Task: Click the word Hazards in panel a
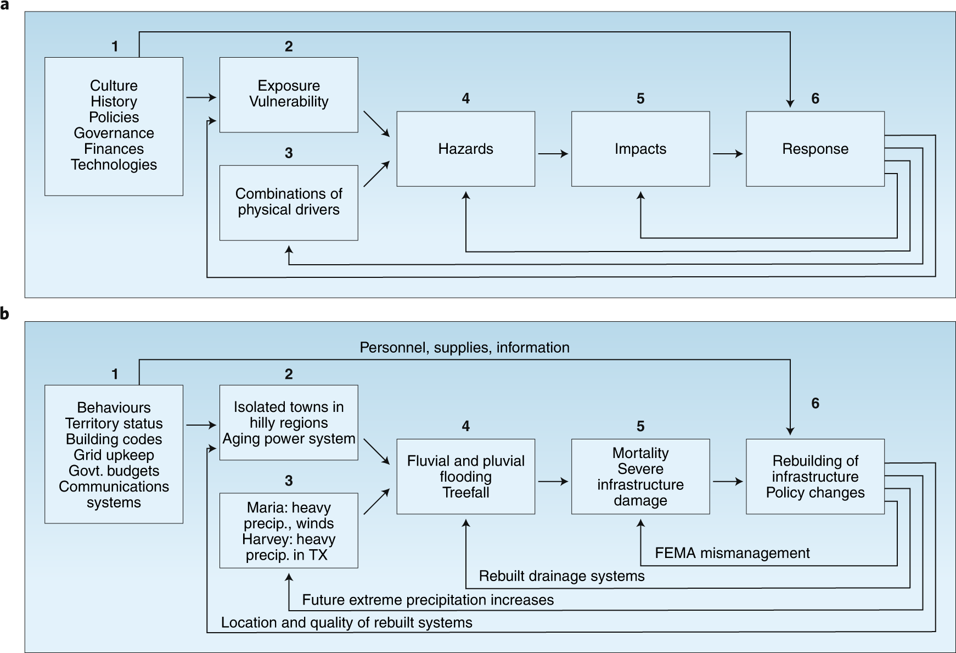pos(465,149)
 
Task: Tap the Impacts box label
pos(640,149)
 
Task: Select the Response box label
pos(815,149)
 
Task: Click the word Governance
pos(114,133)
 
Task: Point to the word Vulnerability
pos(289,102)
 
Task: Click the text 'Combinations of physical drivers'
pos(289,202)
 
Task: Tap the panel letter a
pos(4,4)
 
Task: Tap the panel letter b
pos(4,314)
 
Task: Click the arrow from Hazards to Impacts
pos(553,154)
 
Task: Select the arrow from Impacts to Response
pos(728,154)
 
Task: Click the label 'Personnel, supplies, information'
pos(464,348)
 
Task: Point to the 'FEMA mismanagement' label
pos(732,553)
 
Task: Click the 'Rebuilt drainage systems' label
pos(561,576)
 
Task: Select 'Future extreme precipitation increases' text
pos(428,600)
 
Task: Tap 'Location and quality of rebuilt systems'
pos(346,623)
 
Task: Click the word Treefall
pos(465,493)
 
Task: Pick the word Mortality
pos(640,454)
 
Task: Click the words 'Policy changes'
pos(815,493)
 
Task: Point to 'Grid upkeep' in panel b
pos(114,455)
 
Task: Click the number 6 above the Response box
pos(815,98)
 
